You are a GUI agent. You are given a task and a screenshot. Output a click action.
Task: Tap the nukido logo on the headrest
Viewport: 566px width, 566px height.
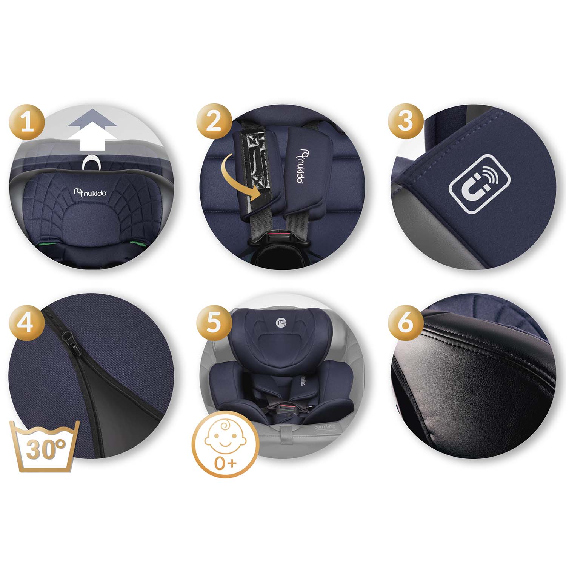(91, 192)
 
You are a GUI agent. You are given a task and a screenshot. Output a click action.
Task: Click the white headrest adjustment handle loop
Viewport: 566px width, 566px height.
(91, 163)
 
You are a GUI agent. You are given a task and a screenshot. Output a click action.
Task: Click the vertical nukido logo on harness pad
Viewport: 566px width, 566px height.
(301, 166)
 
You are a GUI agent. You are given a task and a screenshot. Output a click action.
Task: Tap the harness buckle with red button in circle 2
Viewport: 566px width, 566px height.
(278, 238)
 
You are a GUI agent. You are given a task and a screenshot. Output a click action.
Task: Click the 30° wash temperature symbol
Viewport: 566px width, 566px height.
(46, 446)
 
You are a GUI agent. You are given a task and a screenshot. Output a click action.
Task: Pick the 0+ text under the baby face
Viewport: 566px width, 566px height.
(225, 463)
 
